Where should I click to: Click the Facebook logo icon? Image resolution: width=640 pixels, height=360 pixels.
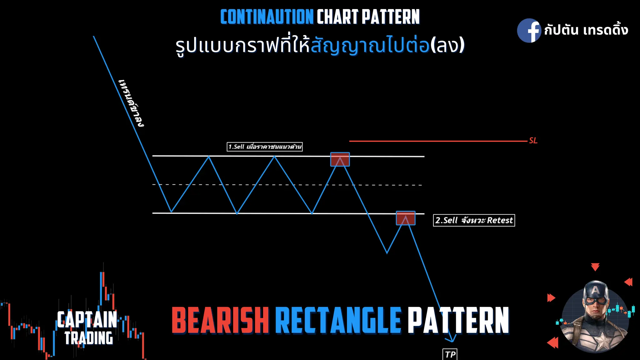[529, 30]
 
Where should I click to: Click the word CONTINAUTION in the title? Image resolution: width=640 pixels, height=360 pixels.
[267, 17]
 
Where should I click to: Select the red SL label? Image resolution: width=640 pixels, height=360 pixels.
[533, 141]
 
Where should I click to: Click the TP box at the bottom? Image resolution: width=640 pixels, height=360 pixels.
[450, 354]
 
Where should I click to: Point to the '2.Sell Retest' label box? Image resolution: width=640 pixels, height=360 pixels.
[474, 220]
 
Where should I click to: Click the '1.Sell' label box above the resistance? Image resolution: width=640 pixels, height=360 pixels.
[264, 147]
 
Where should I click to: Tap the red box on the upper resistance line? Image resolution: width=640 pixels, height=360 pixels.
[340, 159]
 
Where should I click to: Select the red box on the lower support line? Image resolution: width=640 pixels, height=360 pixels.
[406, 218]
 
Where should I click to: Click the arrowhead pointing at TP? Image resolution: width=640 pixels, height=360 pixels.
[452, 339]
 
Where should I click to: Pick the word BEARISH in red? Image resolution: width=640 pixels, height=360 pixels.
[220, 320]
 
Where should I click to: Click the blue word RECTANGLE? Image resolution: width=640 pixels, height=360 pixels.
[338, 320]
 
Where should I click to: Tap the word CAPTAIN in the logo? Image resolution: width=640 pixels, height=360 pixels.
[87, 319]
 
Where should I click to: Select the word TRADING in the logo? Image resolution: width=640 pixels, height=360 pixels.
[89, 338]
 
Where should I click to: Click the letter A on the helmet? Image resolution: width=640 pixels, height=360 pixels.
[596, 290]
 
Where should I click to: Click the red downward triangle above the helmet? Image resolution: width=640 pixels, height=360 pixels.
[595, 267]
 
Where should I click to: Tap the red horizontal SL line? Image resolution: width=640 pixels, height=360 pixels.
[437, 141]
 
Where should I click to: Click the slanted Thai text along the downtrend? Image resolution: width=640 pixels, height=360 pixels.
[131, 103]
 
